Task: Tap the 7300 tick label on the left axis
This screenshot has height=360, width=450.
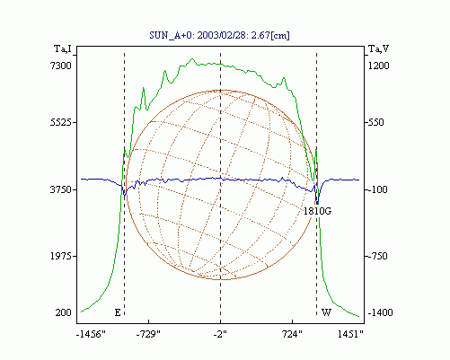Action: coord(61,66)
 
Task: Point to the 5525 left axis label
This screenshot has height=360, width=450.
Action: coord(61,122)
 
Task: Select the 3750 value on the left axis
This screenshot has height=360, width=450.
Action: coord(61,189)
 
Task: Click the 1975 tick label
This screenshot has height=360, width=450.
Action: coord(61,256)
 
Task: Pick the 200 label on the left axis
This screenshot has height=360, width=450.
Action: coord(64,312)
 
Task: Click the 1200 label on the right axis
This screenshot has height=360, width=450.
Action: coord(378,66)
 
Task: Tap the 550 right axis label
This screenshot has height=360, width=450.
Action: coord(375,122)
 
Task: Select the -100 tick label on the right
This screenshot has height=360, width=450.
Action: coord(377,189)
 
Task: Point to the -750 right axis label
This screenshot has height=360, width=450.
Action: coord(377,256)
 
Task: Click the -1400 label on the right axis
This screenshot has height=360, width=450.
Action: coord(380,312)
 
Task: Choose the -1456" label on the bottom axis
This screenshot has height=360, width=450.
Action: coord(91,334)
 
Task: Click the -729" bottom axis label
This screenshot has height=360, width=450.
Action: coord(148,334)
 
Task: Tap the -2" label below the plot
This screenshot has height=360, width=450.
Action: coord(220,334)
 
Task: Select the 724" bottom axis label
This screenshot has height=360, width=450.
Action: coord(293,334)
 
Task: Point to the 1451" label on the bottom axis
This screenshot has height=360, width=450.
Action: coord(350,334)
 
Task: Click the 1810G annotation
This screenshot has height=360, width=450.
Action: coord(317,211)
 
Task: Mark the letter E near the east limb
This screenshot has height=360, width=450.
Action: coord(118,312)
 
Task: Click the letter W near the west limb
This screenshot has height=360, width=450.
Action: coord(326,312)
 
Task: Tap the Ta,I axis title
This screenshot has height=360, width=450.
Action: coord(63,48)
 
